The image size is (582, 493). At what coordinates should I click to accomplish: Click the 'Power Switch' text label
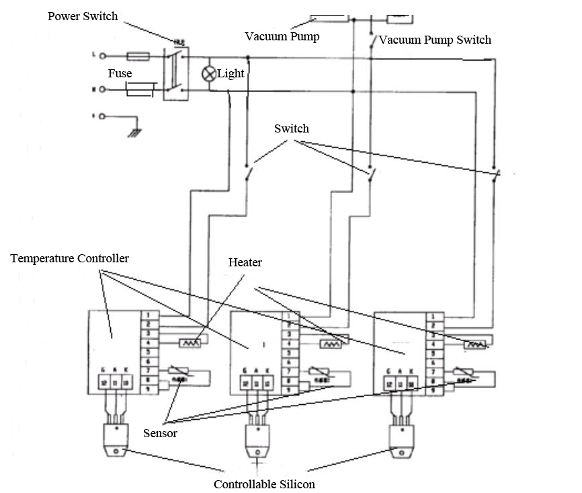click(x=83, y=15)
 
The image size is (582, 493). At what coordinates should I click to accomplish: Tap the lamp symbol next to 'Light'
click(x=209, y=74)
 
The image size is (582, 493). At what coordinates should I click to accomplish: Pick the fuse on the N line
click(x=141, y=88)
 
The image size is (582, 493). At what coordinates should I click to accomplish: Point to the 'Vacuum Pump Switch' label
click(x=435, y=40)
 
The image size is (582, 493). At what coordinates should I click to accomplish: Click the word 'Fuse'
click(x=120, y=73)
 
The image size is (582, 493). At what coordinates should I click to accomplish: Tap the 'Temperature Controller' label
click(x=70, y=258)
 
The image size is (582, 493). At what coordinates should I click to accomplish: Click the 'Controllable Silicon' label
click(x=264, y=484)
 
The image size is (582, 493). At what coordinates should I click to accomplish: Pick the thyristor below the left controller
click(x=117, y=443)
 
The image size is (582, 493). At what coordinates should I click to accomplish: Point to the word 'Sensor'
click(x=160, y=433)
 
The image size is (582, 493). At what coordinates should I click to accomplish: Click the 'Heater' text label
click(x=245, y=262)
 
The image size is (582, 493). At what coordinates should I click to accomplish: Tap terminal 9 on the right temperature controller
click(x=433, y=389)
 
